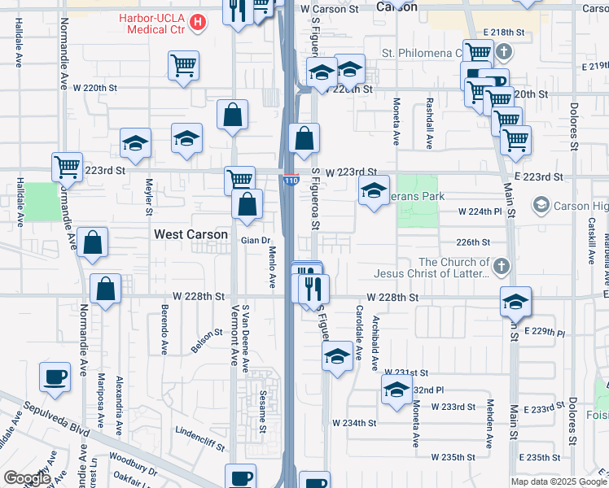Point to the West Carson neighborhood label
point(191,234)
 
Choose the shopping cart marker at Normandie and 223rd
point(67,167)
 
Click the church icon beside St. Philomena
point(504,54)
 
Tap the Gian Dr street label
point(255,240)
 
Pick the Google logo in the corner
point(27,478)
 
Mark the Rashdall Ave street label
point(429,123)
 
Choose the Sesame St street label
point(263,412)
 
